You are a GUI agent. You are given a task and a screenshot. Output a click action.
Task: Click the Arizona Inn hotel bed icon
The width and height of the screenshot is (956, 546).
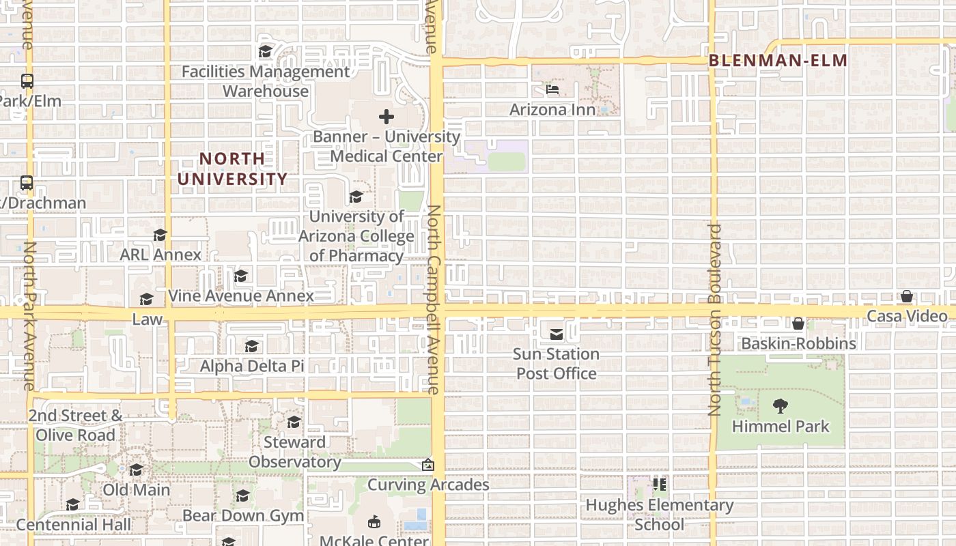(552, 89)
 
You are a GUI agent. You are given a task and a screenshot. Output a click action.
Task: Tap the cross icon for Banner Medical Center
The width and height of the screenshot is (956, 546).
(386, 117)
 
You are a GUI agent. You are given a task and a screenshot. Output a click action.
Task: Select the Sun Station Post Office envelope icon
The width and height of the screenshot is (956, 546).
(557, 334)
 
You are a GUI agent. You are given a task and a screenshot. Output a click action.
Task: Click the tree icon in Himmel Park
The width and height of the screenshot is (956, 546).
(781, 406)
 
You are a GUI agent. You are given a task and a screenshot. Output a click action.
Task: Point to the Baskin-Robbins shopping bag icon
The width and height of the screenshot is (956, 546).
(798, 324)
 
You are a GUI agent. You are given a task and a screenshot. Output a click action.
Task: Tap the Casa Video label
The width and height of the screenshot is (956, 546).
(907, 316)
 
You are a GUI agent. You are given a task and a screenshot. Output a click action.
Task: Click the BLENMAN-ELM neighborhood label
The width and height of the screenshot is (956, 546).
(778, 61)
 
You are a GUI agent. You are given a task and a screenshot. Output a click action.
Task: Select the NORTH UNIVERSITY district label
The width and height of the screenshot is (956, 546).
(233, 169)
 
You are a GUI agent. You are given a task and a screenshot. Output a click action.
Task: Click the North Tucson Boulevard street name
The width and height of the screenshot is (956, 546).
(715, 319)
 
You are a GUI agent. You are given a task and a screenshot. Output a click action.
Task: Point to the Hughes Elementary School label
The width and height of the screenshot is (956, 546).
(660, 515)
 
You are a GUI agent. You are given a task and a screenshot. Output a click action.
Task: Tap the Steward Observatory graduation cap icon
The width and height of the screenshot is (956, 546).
(294, 422)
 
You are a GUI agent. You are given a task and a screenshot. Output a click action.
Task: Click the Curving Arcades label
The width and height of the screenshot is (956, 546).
(428, 485)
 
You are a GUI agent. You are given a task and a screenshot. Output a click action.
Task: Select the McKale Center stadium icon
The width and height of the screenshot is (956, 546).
(374, 522)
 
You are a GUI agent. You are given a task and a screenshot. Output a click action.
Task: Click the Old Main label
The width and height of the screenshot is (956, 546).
(137, 489)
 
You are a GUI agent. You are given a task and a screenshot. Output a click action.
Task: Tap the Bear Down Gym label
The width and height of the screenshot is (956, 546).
(243, 515)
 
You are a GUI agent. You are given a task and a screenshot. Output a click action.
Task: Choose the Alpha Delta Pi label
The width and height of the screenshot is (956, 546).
(252, 366)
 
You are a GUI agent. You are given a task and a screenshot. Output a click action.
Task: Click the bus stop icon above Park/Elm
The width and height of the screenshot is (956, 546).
(27, 81)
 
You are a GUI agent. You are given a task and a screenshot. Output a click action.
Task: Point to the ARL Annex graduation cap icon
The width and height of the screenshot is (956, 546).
(160, 235)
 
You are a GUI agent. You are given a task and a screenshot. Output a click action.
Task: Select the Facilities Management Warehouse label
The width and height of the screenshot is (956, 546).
(266, 81)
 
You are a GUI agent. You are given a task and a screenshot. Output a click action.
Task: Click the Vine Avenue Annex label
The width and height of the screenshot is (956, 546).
(241, 296)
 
